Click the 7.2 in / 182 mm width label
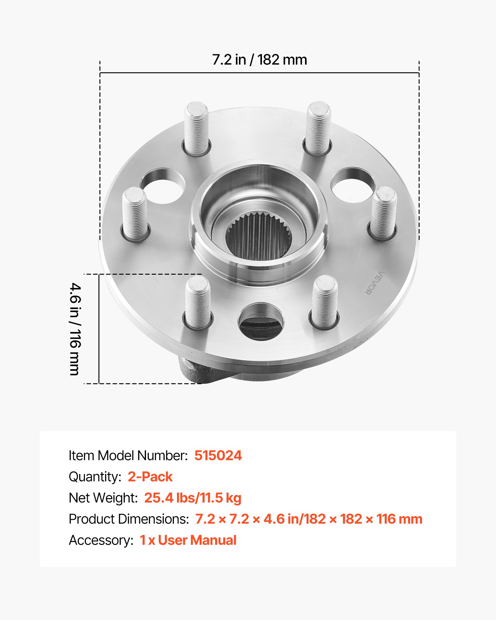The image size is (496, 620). [x=259, y=60]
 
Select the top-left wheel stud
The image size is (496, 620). [x=196, y=129]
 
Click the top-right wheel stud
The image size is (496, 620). [x=318, y=128]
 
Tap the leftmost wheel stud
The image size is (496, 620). [x=135, y=214]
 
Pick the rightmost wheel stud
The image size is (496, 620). [x=384, y=213]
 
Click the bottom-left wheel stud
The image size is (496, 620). [x=198, y=302]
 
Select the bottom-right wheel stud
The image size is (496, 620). [x=325, y=302]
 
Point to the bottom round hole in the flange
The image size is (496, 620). [x=261, y=322]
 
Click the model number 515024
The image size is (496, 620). [x=218, y=455]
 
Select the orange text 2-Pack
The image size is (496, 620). [x=150, y=476]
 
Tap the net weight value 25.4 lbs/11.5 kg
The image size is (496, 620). [x=193, y=498]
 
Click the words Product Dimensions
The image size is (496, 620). [x=129, y=519]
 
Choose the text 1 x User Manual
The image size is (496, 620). [x=188, y=540]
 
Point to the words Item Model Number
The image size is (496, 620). [x=128, y=455]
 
